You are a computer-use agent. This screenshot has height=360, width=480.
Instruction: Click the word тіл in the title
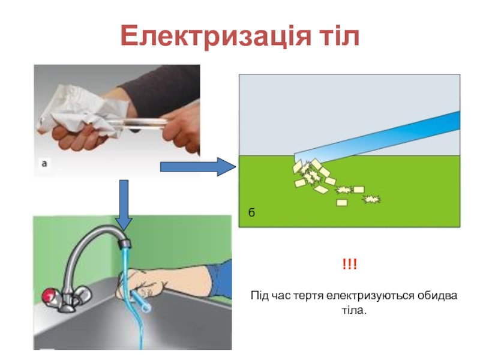335,37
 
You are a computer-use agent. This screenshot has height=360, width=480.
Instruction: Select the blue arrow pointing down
124,205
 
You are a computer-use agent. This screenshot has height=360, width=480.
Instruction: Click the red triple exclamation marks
349,265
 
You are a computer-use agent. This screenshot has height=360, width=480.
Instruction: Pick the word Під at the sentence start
260,296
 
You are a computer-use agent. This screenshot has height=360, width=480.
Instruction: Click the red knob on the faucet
49,295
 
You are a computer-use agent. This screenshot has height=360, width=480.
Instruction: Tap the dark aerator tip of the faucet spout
125,243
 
